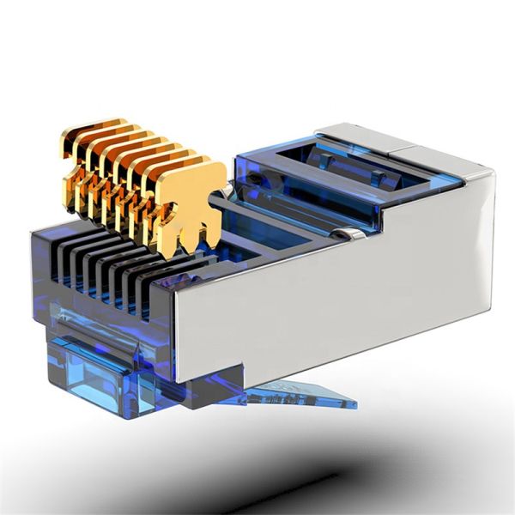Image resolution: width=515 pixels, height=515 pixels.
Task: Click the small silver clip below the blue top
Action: coord(347,233)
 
